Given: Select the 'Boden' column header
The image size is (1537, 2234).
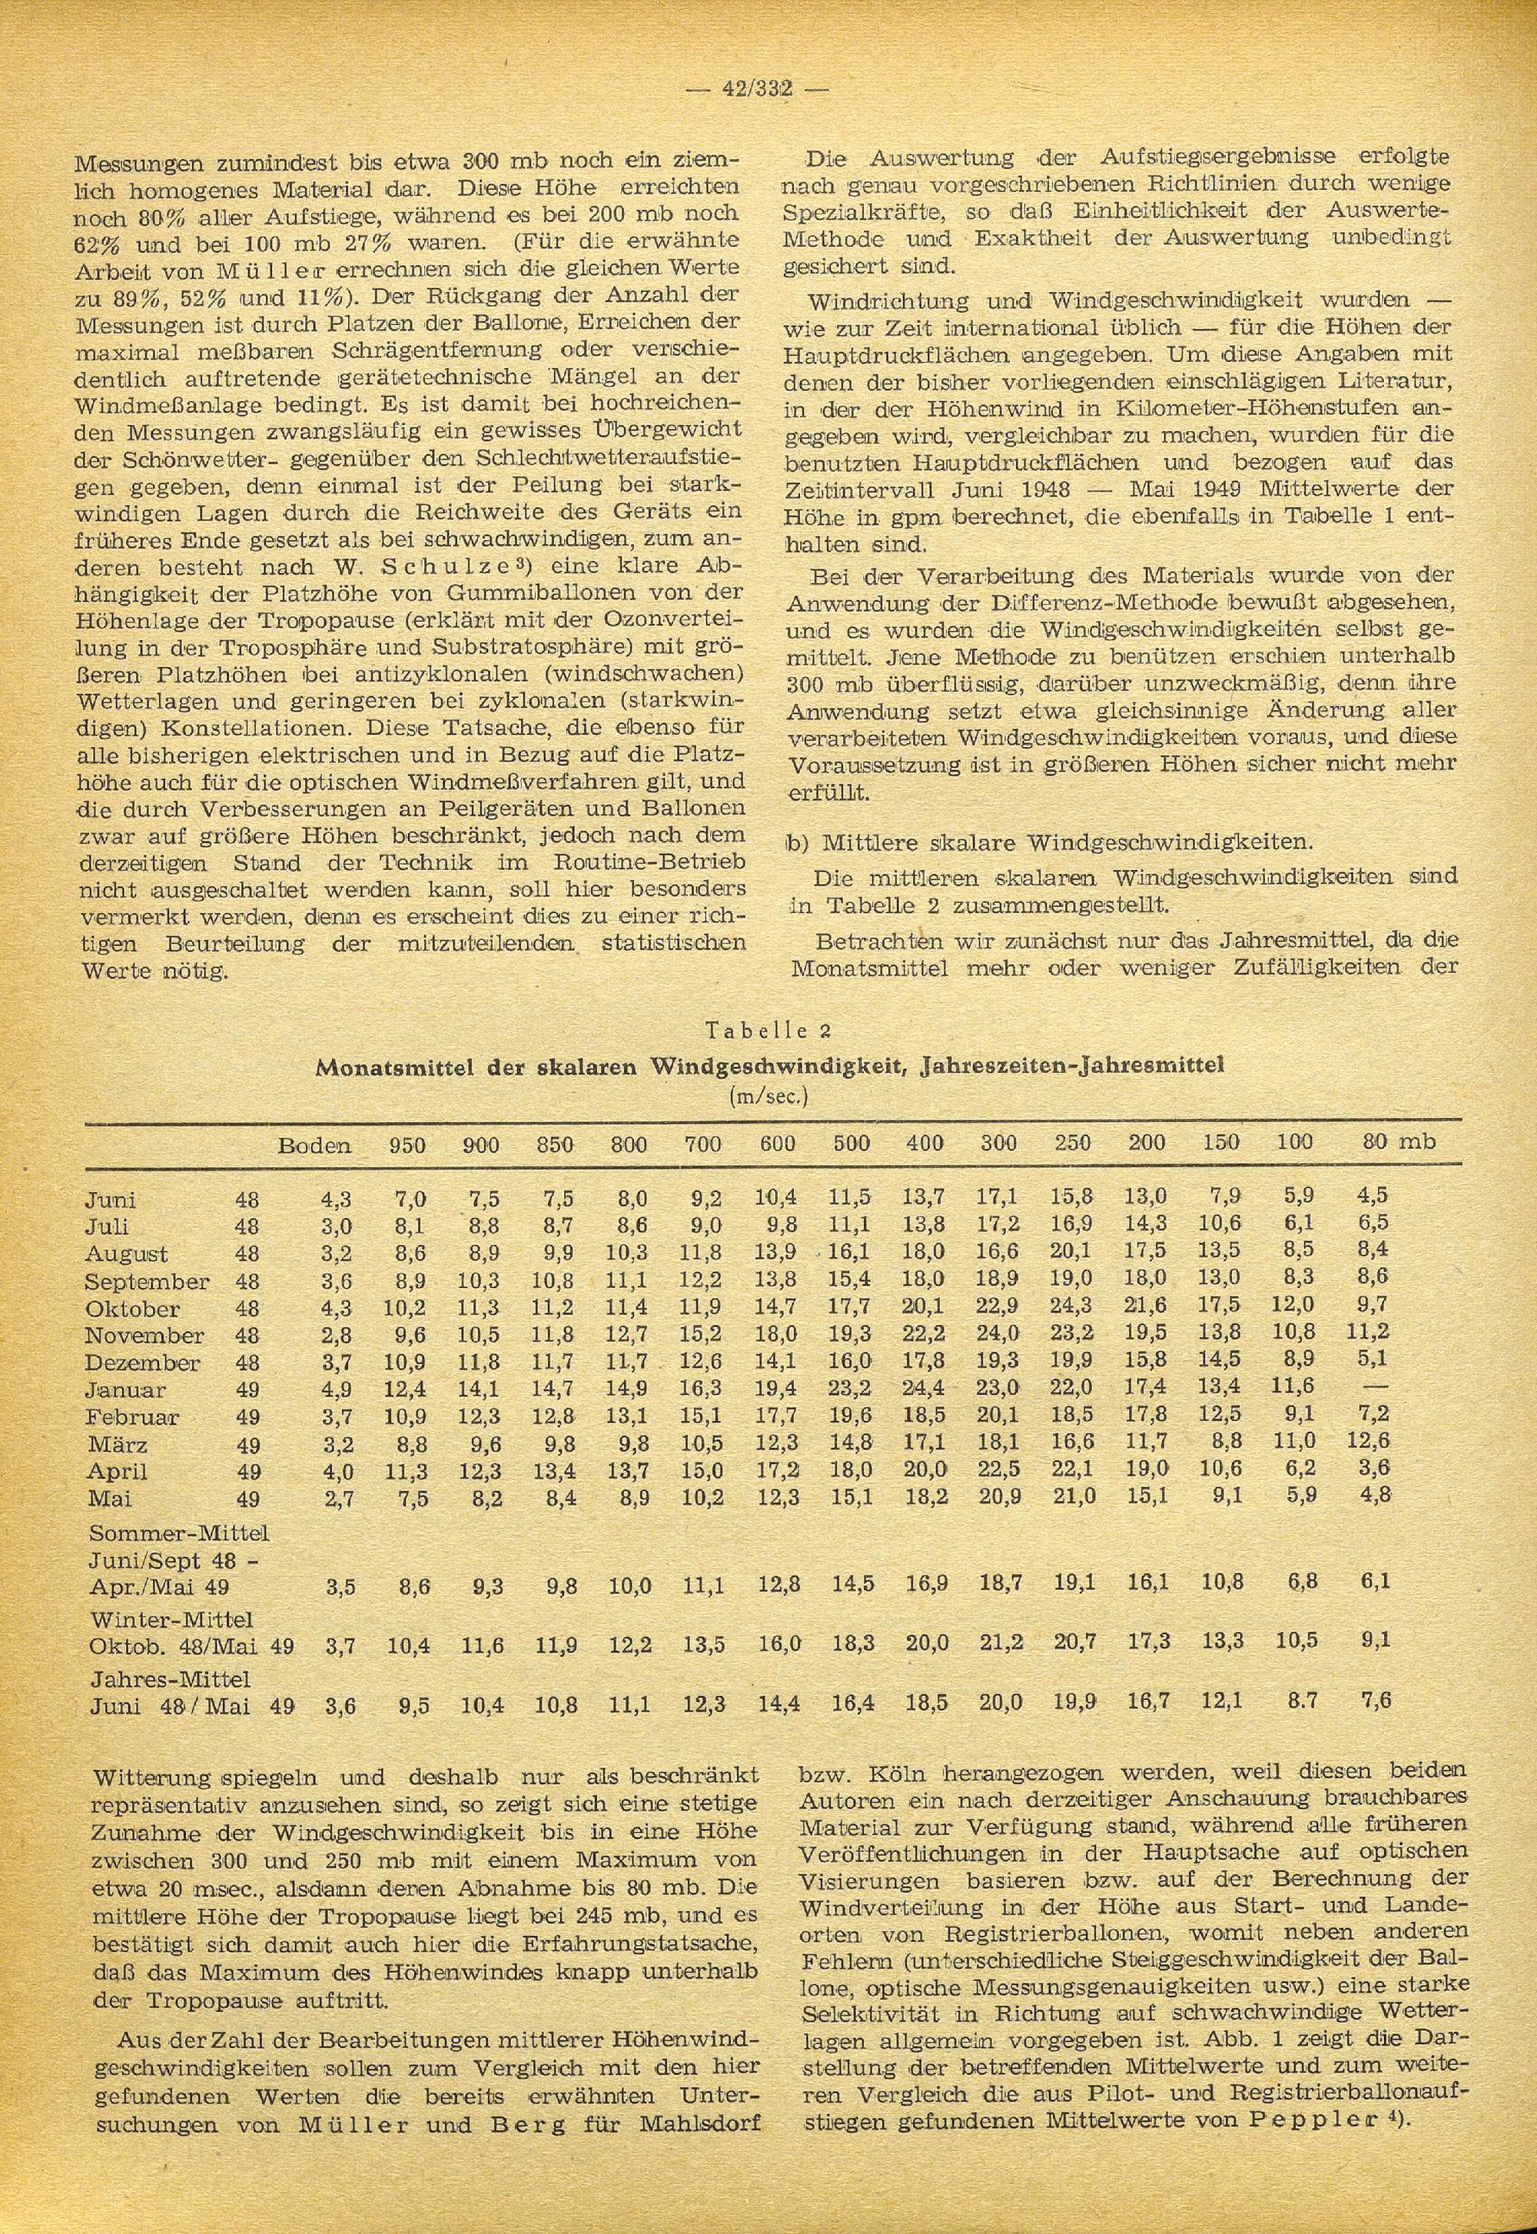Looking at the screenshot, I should (x=314, y=1144).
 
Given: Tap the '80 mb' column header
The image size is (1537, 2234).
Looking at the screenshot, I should (x=1399, y=1143).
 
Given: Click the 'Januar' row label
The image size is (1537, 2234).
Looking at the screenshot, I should (x=125, y=1390).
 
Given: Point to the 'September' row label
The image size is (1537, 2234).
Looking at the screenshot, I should (x=146, y=1282).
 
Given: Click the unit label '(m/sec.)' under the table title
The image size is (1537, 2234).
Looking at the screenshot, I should (x=768, y=1097).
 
